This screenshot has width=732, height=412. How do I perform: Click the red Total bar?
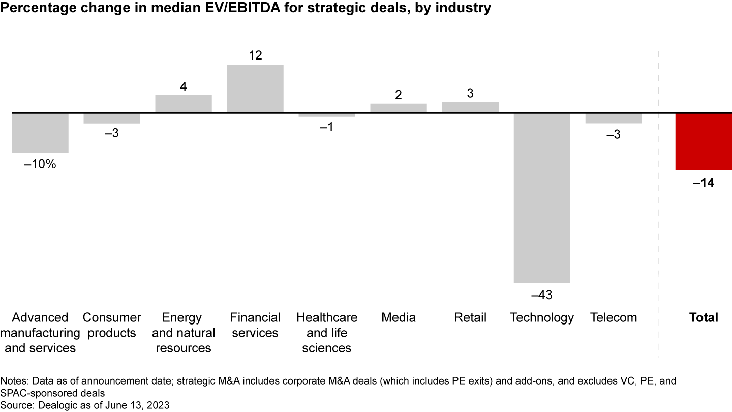(x=704, y=142)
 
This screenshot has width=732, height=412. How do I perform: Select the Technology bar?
(x=542, y=198)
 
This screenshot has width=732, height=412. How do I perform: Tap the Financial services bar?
(x=255, y=89)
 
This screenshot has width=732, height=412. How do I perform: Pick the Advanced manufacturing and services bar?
(x=40, y=133)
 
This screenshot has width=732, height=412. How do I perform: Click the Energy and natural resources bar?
(x=184, y=104)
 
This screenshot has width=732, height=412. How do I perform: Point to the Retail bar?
(x=470, y=107)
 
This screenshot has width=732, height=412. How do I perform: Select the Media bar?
(x=399, y=108)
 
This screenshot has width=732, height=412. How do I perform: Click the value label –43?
(x=541, y=295)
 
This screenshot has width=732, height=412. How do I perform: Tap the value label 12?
(x=255, y=55)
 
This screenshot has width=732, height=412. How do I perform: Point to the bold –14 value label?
(x=704, y=183)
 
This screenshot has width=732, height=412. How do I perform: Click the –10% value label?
(x=40, y=165)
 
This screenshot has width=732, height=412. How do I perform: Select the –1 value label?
(x=326, y=127)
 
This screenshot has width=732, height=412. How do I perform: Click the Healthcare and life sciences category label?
(x=327, y=333)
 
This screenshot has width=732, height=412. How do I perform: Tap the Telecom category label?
(x=614, y=318)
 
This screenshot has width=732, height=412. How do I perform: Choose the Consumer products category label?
(x=112, y=325)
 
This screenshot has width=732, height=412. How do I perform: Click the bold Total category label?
(x=704, y=318)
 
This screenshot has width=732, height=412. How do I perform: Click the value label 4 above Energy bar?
(x=183, y=86)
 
